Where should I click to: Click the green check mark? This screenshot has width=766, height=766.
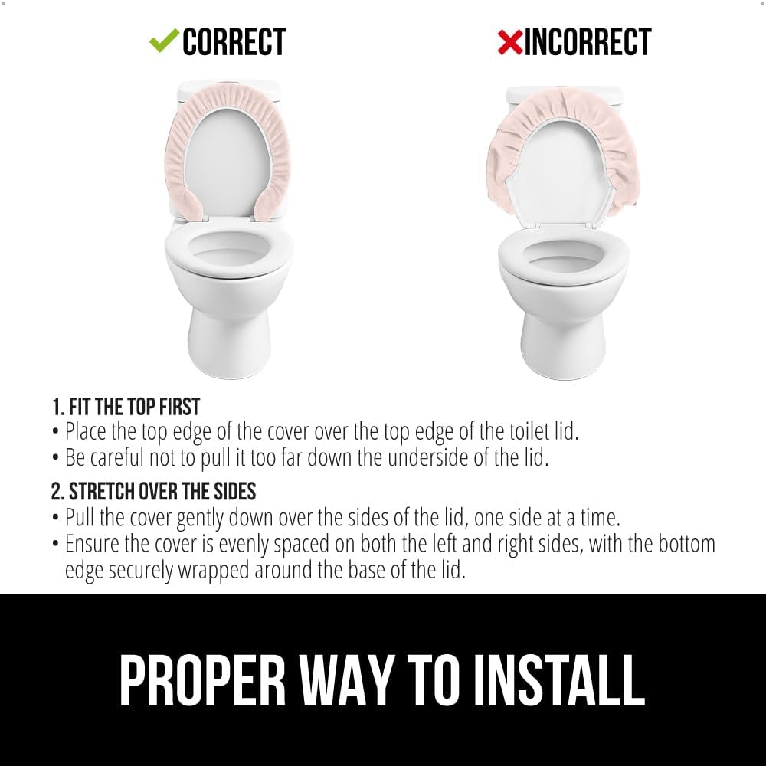(x=164, y=41)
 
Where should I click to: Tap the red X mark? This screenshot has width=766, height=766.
(x=509, y=42)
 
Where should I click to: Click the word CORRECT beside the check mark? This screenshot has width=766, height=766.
(x=234, y=42)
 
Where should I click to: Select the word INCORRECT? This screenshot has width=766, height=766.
(x=588, y=42)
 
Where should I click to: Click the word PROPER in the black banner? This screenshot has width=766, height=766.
(x=202, y=680)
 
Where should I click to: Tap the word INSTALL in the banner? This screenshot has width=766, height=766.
(x=559, y=680)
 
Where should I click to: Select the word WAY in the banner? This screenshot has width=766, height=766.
(x=345, y=680)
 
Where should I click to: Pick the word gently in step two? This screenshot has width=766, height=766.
(x=200, y=519)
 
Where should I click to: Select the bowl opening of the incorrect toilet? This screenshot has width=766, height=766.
(x=564, y=254)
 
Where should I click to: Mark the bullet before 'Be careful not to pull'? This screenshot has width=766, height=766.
(x=56, y=459)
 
